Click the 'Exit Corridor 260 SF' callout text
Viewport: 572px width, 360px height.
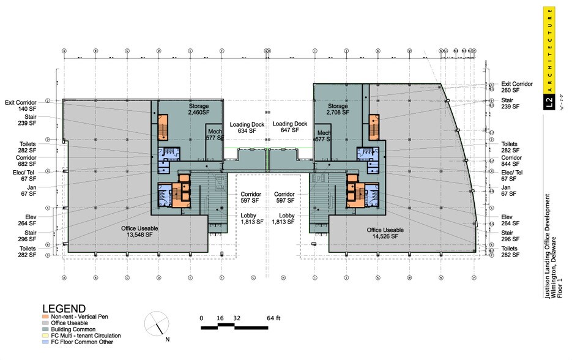click(x=517, y=87)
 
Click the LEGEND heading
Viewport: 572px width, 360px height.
click(x=64, y=308)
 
